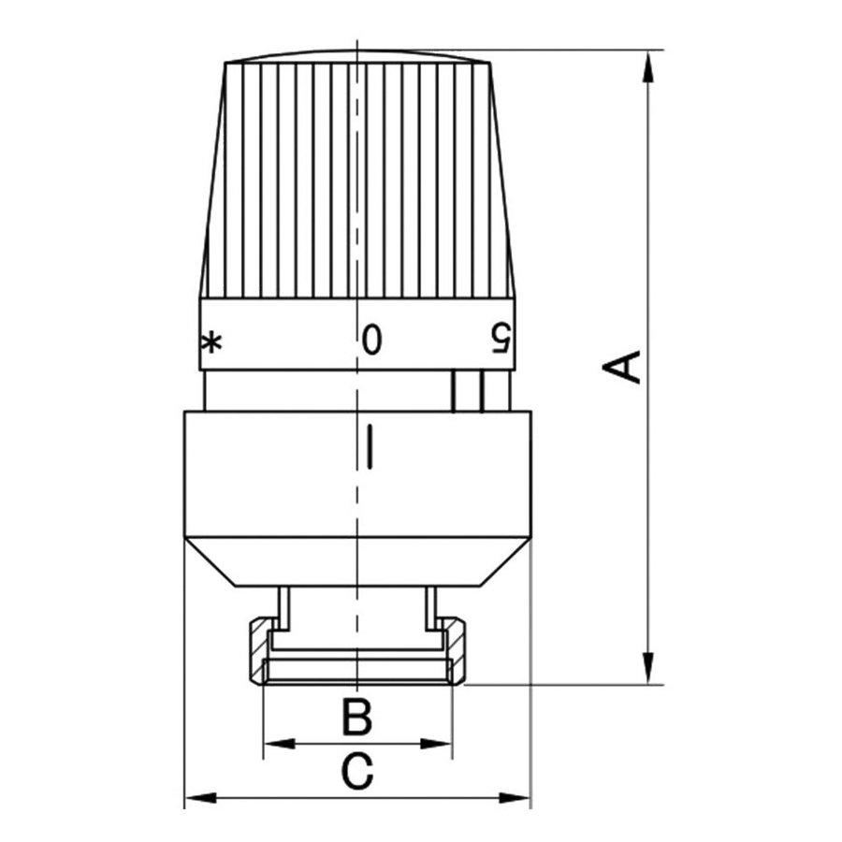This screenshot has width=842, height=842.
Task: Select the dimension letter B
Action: [x=356, y=719]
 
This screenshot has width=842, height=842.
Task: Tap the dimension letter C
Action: [x=356, y=773]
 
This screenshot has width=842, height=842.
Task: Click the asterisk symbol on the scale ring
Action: [x=212, y=342]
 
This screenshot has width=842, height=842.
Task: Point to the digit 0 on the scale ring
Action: [x=372, y=339]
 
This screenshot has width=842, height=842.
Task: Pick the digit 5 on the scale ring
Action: [x=501, y=339]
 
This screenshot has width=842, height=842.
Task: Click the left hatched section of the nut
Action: [x=258, y=651]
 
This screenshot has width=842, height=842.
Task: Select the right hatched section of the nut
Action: [x=456, y=651]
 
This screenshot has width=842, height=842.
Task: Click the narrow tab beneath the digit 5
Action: [x=467, y=391]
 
